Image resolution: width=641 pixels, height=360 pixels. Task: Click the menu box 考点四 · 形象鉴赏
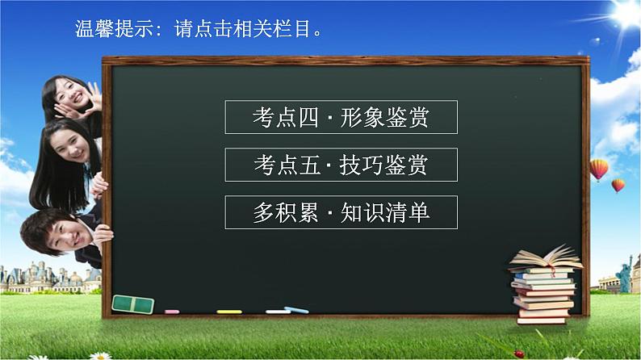(341, 117)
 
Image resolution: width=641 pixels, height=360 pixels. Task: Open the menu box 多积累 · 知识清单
(341, 212)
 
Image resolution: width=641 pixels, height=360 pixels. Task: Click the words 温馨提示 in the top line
(104, 31)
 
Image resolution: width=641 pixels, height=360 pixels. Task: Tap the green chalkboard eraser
(133, 303)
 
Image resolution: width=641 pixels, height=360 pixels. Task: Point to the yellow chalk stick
(228, 311)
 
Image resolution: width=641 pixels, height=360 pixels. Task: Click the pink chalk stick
(172, 311)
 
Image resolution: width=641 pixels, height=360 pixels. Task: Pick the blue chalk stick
(295, 310)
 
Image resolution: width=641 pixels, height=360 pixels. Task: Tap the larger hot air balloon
(598, 170)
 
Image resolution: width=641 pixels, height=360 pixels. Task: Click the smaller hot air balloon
(618, 186)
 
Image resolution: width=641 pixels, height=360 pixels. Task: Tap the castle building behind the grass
(32, 274)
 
